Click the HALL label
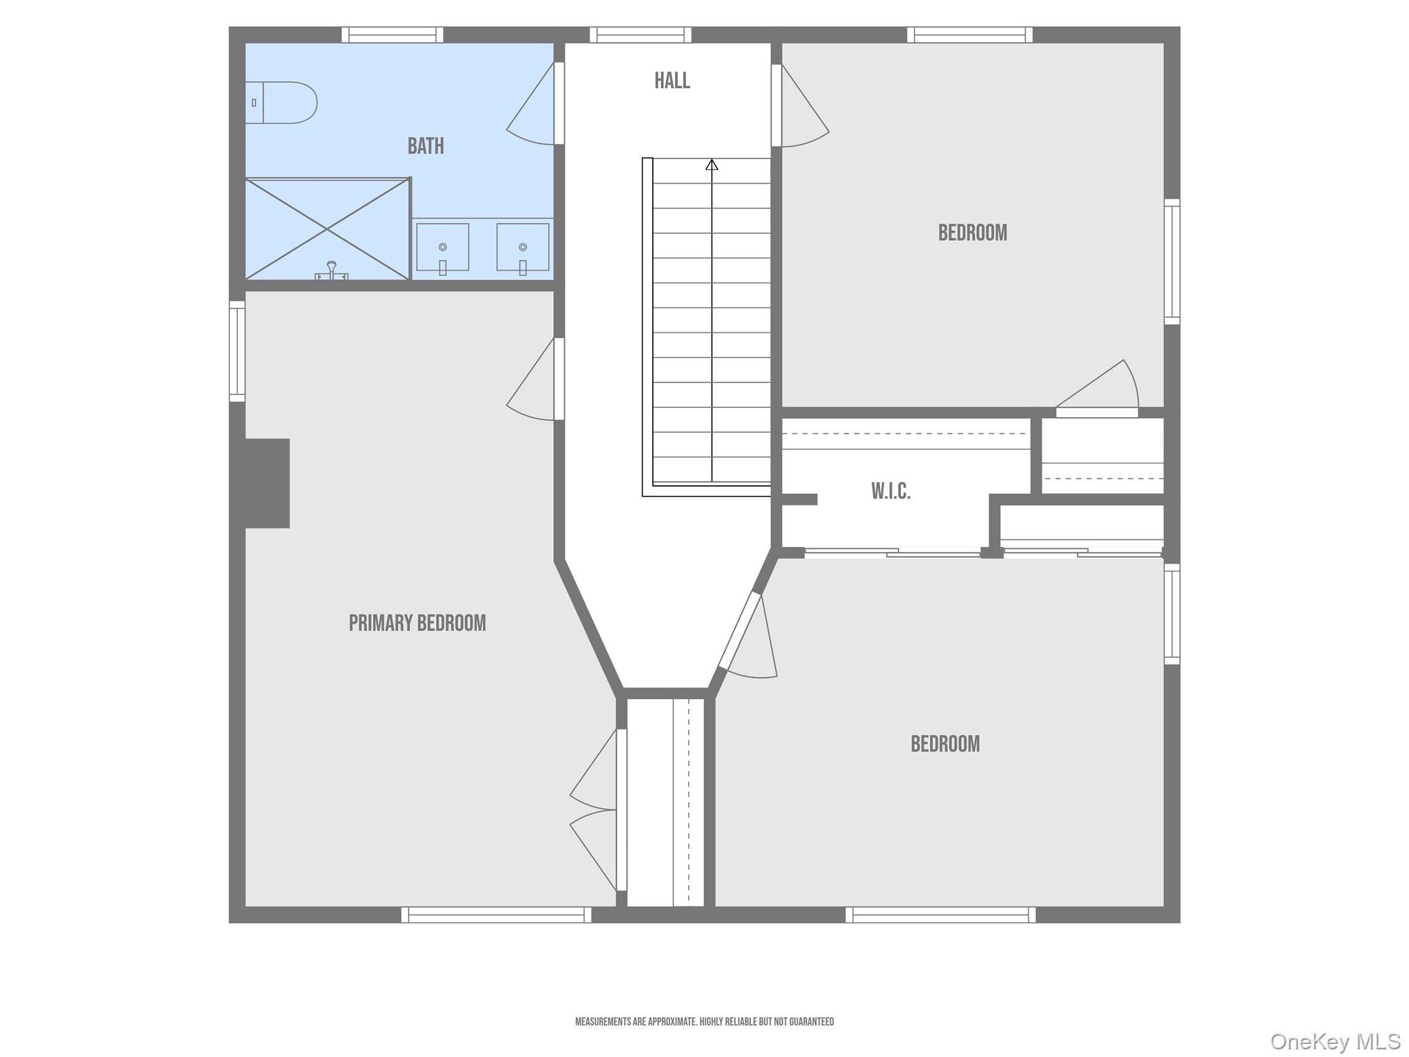click(672, 81)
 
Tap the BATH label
click(426, 146)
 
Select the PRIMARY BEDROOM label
click(417, 623)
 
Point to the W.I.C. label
click(891, 491)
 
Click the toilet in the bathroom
click(281, 103)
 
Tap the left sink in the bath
click(442, 248)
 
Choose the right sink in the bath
click(523, 248)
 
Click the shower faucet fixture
click(332, 271)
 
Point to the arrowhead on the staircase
click(712, 164)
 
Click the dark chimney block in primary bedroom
click(268, 483)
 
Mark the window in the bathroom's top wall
click(393, 34)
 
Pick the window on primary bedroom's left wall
click(237, 351)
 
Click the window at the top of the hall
click(641, 34)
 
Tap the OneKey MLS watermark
click(1335, 1041)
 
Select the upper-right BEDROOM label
click(973, 233)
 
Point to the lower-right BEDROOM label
click(945, 744)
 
